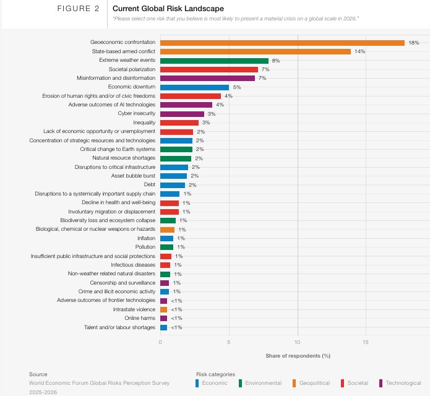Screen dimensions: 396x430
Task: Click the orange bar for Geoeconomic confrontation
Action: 282,43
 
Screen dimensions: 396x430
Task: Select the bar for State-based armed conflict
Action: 255,51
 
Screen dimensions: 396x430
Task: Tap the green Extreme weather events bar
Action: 214,61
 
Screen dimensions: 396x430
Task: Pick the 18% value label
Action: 413,43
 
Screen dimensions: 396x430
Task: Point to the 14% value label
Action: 359,51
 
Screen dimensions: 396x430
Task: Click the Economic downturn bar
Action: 194,87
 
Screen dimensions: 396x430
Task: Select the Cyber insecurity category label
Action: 137,114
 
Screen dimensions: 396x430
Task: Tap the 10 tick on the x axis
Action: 298,342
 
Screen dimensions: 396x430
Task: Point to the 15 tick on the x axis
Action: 366,342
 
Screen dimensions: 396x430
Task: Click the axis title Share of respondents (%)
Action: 298,356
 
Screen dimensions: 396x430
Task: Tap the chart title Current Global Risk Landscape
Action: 159,9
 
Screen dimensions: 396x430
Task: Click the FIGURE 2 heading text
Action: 79,9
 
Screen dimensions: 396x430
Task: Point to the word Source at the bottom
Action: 38,374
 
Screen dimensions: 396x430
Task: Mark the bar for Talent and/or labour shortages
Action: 163,327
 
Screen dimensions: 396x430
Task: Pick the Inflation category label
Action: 147,238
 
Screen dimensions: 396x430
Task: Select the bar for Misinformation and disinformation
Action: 207,79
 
